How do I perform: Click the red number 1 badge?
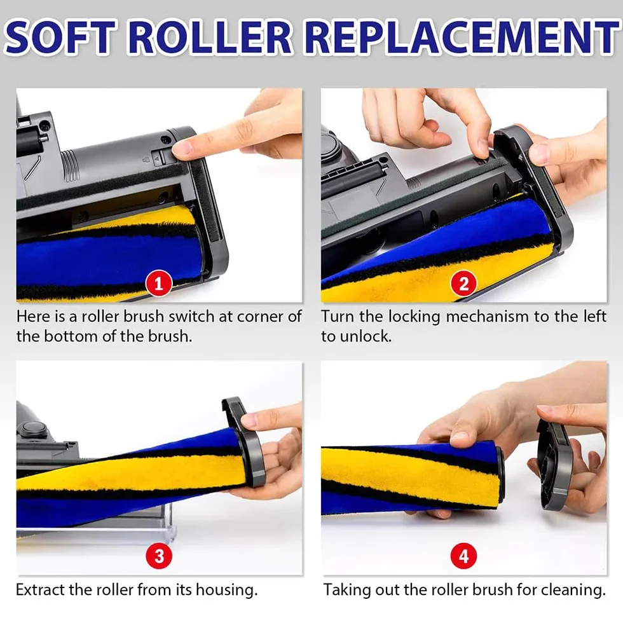[158, 284]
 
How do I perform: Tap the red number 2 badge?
[463, 284]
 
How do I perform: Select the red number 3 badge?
[159, 556]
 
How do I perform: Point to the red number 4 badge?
[463, 556]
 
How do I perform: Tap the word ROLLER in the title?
[211, 37]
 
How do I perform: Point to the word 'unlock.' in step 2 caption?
[366, 336]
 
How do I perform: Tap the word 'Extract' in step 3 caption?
[40, 590]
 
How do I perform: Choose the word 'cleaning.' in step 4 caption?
[573, 590]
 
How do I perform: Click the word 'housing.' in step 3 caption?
[226, 591]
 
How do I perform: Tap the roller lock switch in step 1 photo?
[158, 157]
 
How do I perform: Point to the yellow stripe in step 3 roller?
[131, 476]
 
